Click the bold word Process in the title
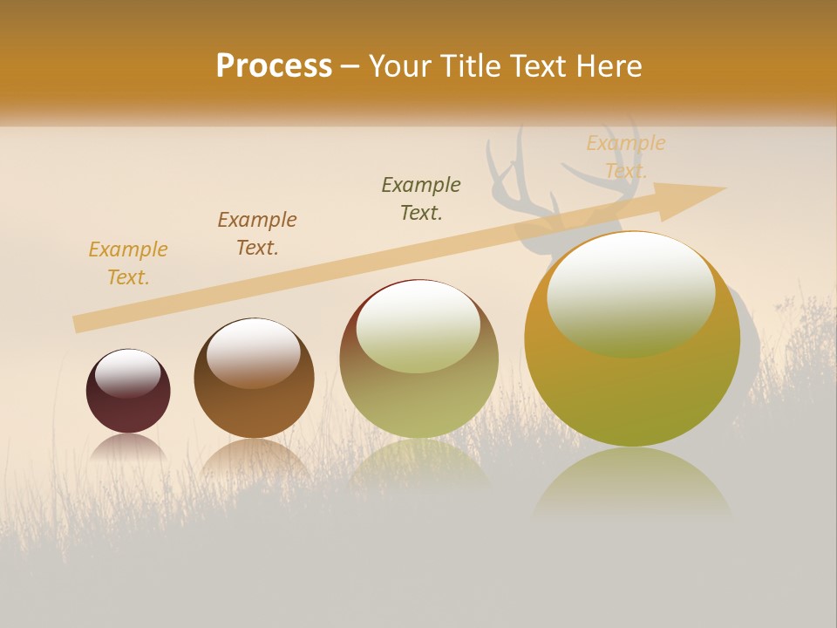coord(274,65)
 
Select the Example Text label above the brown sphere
coord(257,234)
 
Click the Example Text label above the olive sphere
coord(421,199)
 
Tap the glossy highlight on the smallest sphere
coord(128,371)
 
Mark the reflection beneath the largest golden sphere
coord(632,484)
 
